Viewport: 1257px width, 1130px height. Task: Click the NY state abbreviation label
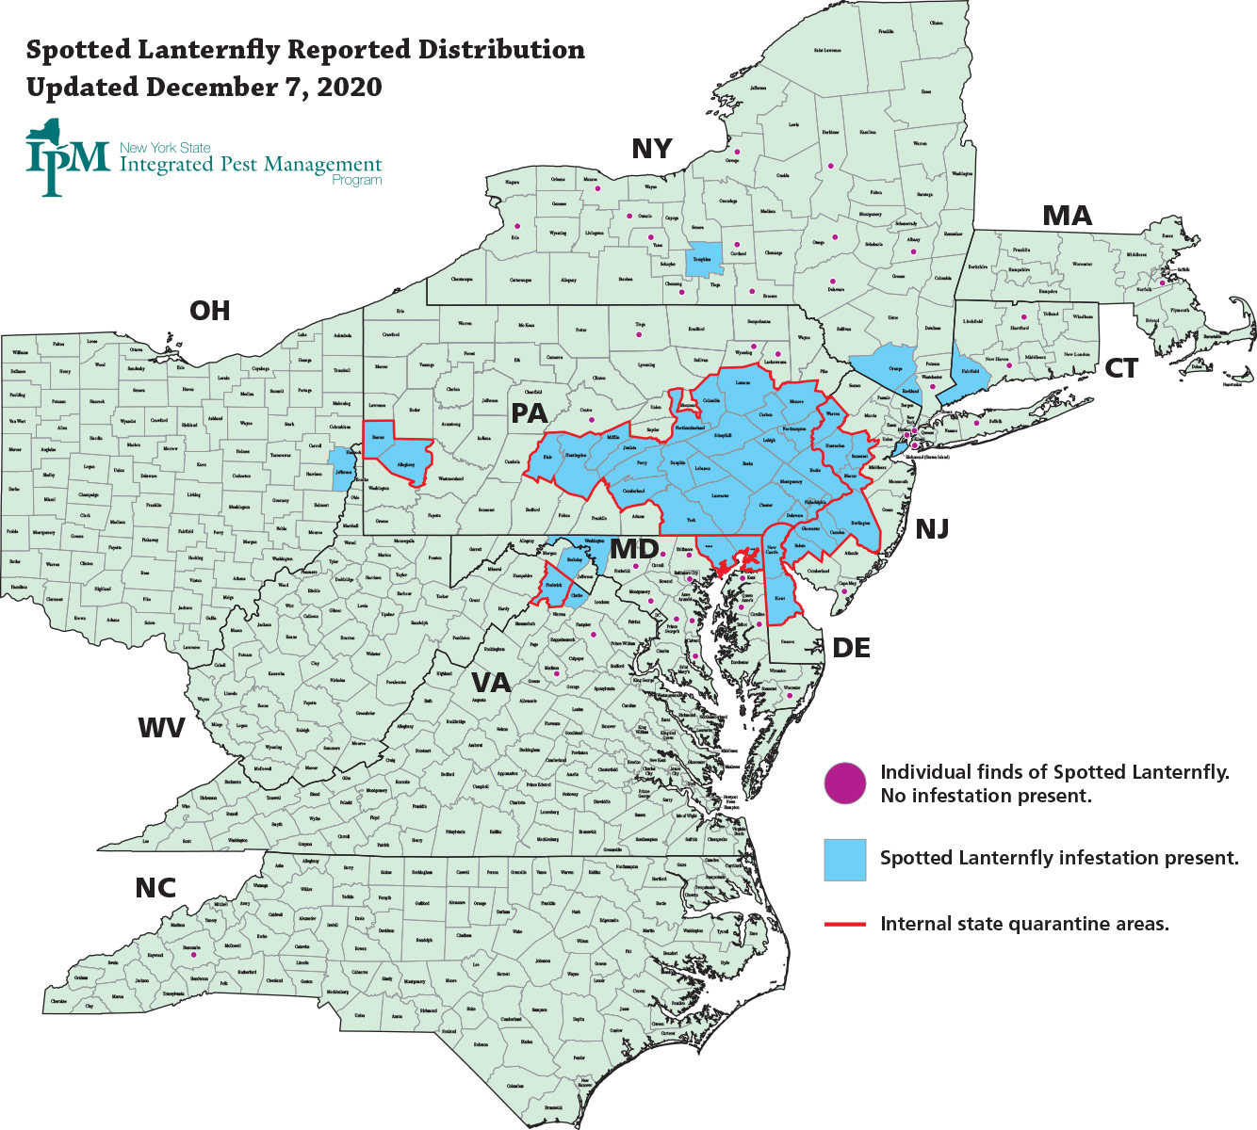(x=652, y=149)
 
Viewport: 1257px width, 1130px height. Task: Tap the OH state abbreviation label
(x=209, y=311)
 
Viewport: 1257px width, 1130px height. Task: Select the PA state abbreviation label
(x=529, y=413)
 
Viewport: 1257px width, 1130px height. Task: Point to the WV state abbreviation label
(x=161, y=727)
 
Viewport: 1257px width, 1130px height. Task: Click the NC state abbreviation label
(x=155, y=888)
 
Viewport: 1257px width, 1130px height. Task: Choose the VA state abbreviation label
(x=490, y=683)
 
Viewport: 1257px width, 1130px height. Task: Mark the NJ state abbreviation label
(x=931, y=529)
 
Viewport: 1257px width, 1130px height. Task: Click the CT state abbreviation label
(x=1120, y=369)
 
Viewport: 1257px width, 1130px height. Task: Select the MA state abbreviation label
(x=1067, y=217)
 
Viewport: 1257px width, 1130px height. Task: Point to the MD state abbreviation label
(x=633, y=549)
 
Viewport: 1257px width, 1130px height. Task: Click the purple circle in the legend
(x=844, y=783)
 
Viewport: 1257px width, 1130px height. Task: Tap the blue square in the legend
(x=844, y=859)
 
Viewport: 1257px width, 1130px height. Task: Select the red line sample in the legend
(x=844, y=925)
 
